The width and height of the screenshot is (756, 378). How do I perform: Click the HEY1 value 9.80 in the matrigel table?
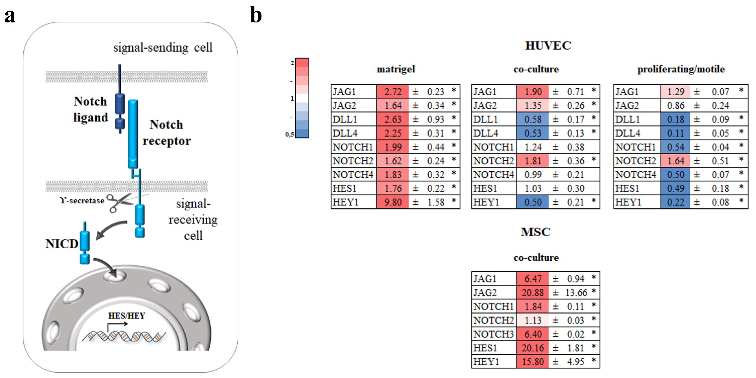(x=393, y=202)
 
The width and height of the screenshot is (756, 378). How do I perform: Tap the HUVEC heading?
(x=548, y=46)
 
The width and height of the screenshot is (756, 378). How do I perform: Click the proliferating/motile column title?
(x=681, y=69)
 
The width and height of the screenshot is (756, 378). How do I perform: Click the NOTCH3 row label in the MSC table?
(x=493, y=334)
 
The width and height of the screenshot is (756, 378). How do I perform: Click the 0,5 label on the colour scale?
(x=289, y=134)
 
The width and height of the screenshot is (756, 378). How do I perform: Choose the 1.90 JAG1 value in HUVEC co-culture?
(x=533, y=92)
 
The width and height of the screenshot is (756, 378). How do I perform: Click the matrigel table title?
(x=396, y=69)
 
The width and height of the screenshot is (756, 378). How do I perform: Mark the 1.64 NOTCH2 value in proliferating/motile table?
(x=675, y=161)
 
